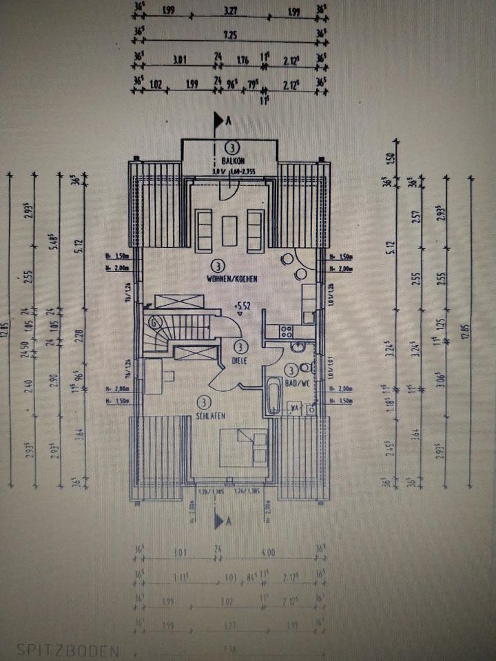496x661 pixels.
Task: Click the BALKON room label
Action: (x=230, y=159)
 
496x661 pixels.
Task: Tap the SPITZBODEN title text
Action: (x=68, y=649)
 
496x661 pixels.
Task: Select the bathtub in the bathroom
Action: (x=273, y=395)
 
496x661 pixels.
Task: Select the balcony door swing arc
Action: (x=227, y=191)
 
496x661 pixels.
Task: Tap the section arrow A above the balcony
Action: (x=220, y=122)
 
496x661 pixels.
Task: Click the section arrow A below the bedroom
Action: (x=220, y=523)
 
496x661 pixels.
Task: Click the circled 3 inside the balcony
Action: (x=231, y=147)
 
